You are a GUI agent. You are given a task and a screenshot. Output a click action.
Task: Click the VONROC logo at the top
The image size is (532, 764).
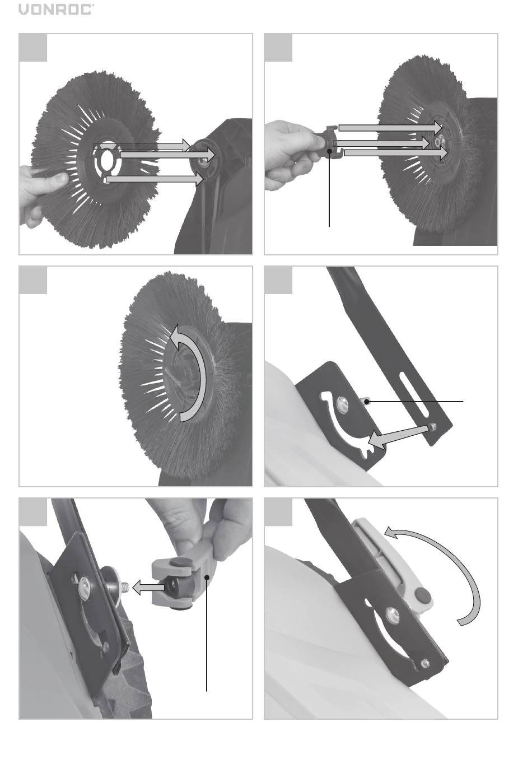(56, 10)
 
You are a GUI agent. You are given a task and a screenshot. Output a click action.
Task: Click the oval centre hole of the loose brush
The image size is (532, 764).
(109, 160)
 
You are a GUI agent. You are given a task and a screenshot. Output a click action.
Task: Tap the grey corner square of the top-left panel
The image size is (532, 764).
(32, 48)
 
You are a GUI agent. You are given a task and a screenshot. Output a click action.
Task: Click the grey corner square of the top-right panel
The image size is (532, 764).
(278, 48)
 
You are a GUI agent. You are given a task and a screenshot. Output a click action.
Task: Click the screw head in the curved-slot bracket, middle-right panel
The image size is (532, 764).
(342, 403)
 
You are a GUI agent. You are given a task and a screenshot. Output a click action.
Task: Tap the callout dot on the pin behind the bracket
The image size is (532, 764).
(367, 402)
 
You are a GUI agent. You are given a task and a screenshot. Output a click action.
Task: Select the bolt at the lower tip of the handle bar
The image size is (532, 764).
(433, 426)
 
